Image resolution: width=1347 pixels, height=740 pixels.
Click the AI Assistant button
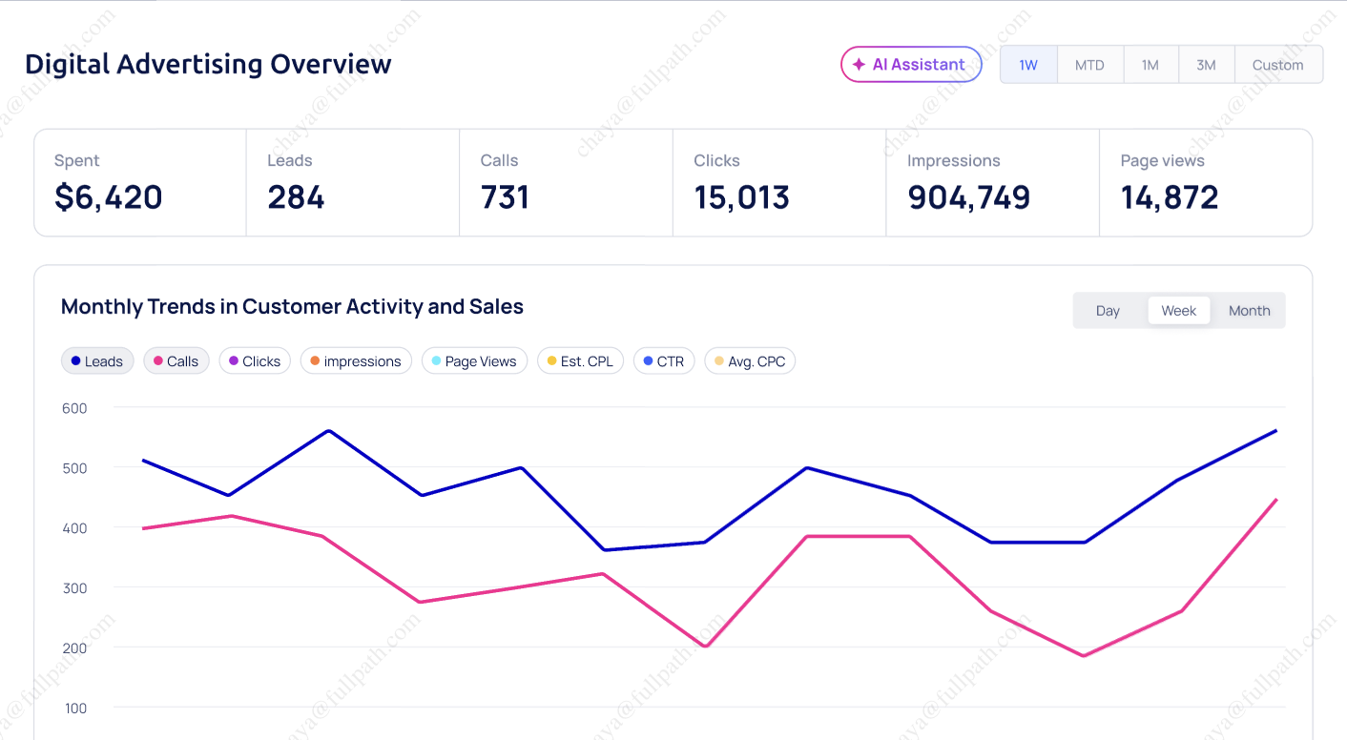click(910, 65)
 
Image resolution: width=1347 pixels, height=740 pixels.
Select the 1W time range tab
click(1028, 65)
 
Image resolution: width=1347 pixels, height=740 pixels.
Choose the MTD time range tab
click(1089, 65)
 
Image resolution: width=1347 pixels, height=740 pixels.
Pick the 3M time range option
click(1206, 65)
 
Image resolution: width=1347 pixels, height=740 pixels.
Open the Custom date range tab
click(1277, 65)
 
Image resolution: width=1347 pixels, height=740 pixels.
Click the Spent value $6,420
click(108, 197)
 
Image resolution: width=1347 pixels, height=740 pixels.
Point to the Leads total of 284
click(296, 197)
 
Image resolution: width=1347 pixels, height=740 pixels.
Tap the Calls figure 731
click(505, 197)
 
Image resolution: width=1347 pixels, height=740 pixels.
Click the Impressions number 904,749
click(968, 197)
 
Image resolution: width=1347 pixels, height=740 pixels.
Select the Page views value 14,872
click(1170, 197)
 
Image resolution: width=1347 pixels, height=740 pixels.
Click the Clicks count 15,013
click(741, 197)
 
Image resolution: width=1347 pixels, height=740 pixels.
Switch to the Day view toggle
click(1108, 311)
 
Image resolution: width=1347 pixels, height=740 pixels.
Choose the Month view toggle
click(1249, 311)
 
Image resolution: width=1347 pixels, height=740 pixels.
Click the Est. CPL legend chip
click(580, 361)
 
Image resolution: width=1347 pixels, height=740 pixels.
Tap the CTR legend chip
click(664, 361)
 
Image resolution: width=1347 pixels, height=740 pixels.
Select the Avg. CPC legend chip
click(750, 361)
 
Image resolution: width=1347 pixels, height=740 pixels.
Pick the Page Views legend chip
click(474, 361)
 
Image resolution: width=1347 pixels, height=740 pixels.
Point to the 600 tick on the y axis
click(73, 408)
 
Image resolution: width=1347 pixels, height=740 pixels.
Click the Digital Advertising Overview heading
click(208, 64)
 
